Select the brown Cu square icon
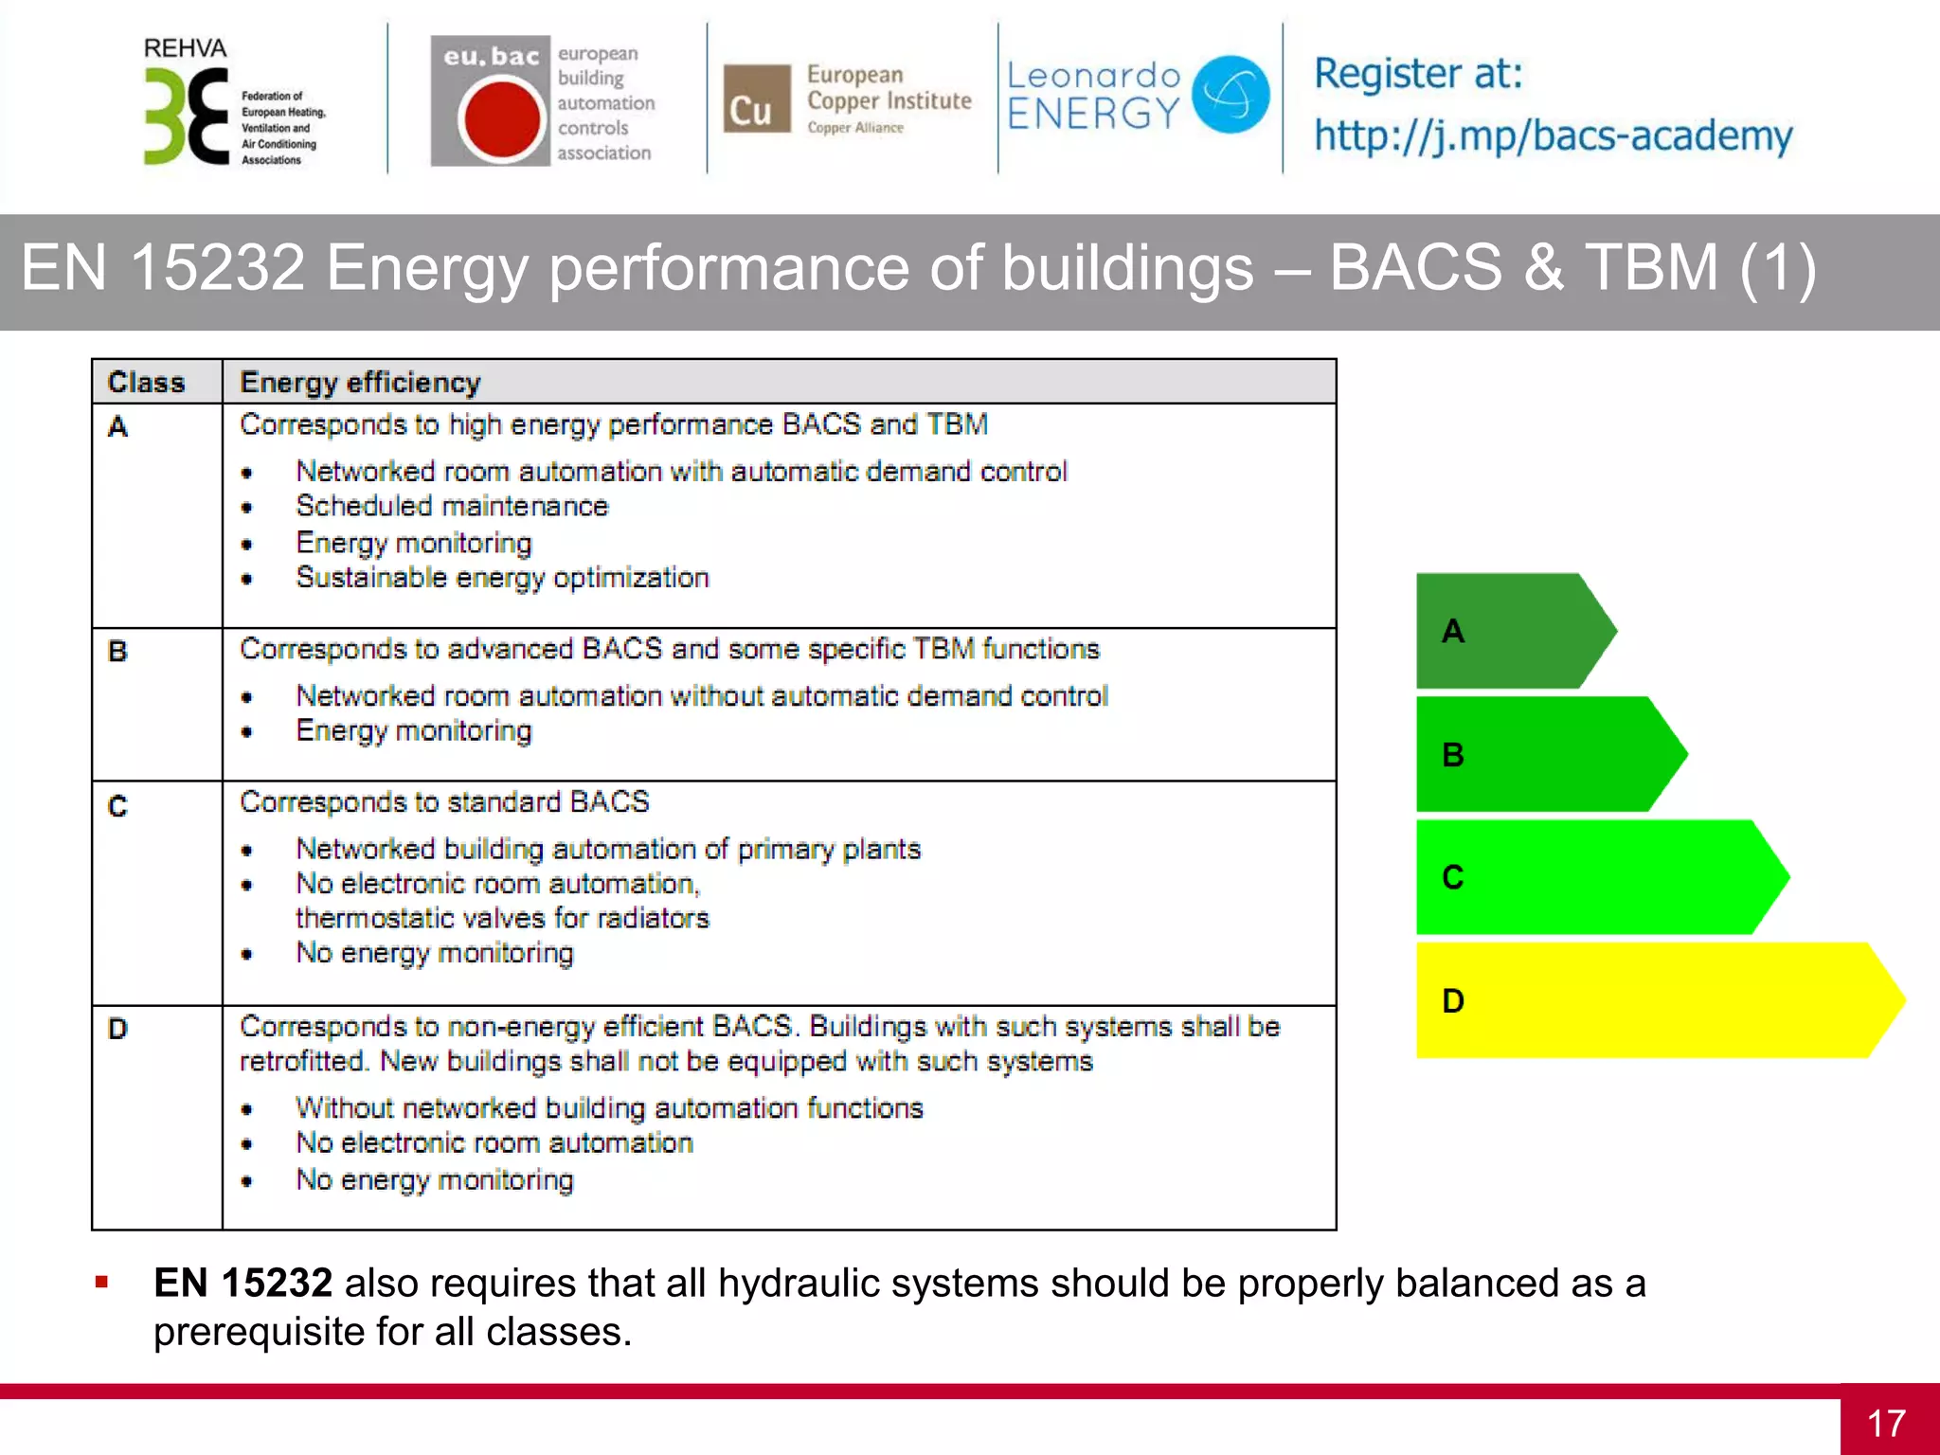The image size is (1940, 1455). [x=756, y=99]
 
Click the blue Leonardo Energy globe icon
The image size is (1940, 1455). [x=1230, y=94]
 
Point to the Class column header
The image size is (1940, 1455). [x=146, y=382]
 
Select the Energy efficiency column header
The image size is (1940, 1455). [x=360, y=382]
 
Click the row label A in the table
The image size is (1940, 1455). [x=117, y=427]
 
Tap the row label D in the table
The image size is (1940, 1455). [x=117, y=1029]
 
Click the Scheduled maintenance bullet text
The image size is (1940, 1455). [x=452, y=506]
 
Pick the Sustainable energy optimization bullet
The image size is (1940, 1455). [x=502, y=578]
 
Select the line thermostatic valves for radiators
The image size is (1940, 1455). [x=502, y=918]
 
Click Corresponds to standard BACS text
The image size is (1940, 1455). [x=444, y=802]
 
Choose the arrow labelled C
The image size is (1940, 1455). [x=1591, y=877]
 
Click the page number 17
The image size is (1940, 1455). [x=1886, y=1423]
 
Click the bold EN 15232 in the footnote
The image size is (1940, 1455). [x=242, y=1284]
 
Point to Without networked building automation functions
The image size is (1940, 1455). [x=609, y=1108]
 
